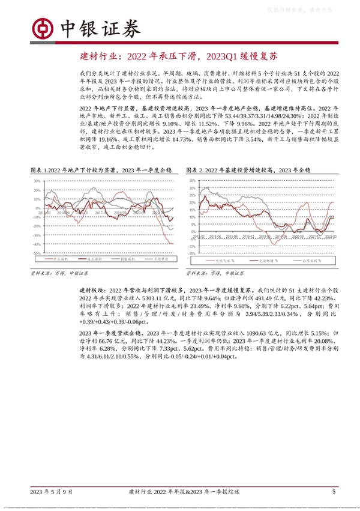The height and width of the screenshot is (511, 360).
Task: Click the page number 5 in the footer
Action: (333, 491)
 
